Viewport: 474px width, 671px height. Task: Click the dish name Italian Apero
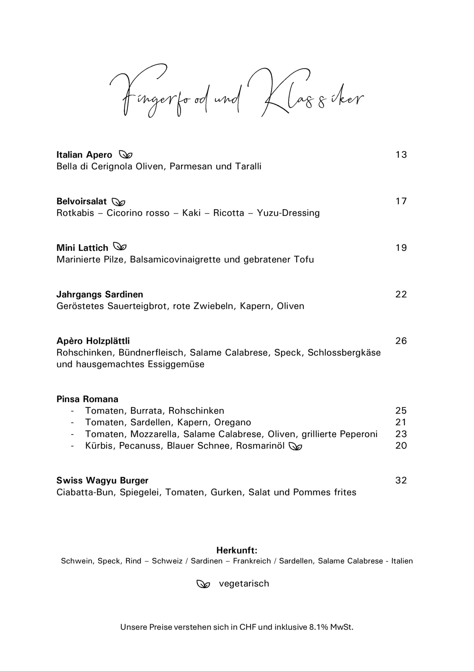pos(84,155)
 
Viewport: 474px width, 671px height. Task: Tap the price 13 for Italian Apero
pos(401,155)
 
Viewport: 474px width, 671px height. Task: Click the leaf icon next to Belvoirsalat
pos(119,202)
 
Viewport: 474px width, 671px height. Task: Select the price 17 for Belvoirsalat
pos(401,201)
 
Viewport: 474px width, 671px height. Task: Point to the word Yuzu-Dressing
pos(288,213)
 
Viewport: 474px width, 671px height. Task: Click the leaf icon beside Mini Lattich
pos(120,247)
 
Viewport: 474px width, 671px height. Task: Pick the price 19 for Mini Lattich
pos(401,248)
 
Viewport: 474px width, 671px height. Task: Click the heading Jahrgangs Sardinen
pos(100,294)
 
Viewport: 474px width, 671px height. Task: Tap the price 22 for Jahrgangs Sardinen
pos(401,294)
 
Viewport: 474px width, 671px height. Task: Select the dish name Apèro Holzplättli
pos(93,341)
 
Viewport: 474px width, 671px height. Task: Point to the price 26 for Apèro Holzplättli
pos(401,341)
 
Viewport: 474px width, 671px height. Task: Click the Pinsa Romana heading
pos(87,399)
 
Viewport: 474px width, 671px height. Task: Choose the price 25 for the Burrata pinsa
pos(401,411)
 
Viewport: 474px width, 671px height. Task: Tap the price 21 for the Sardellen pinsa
pos(401,422)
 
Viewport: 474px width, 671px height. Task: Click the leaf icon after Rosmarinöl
pos(296,446)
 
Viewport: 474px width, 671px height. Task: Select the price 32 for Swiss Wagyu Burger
pos(401,481)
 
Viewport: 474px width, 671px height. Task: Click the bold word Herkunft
pos(237,550)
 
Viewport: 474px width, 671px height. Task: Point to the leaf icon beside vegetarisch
pos(203,584)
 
